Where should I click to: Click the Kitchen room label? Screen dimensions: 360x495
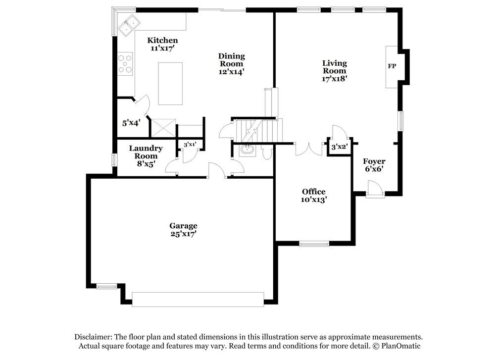(x=162, y=44)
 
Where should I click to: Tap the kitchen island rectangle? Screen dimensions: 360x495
(x=170, y=83)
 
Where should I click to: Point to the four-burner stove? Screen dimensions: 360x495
(x=125, y=63)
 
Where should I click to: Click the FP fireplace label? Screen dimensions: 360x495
(x=392, y=66)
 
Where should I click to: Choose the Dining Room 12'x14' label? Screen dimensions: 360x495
(x=231, y=64)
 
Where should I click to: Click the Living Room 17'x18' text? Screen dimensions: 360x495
(x=334, y=70)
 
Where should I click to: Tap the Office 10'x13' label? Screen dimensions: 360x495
(x=313, y=196)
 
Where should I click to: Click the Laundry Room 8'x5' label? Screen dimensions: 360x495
(x=146, y=155)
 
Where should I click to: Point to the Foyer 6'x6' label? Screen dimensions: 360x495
(x=374, y=165)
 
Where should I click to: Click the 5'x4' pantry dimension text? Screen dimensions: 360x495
(x=132, y=122)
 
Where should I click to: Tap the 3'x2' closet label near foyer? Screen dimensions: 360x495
(x=339, y=147)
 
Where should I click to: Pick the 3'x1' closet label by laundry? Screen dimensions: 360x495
(x=190, y=145)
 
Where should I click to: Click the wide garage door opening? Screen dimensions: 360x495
(x=198, y=299)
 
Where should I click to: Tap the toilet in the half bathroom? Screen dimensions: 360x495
(x=267, y=153)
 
